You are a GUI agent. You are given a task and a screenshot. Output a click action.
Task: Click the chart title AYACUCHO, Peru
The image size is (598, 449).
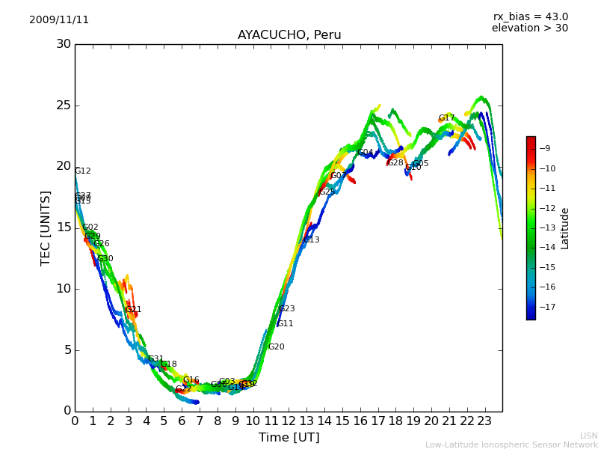pos(289,35)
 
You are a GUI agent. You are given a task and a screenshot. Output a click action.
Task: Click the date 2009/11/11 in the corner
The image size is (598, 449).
pos(59,20)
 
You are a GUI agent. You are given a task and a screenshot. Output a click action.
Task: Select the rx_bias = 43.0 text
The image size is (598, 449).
pos(531,17)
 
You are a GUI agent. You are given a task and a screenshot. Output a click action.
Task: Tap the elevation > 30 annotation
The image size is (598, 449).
pos(530,28)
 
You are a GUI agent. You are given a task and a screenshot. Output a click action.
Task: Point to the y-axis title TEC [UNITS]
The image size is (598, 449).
pos(46,227)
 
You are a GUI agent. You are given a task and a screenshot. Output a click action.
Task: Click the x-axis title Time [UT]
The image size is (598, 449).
pos(289,438)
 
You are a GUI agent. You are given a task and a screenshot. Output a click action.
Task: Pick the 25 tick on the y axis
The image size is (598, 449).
pos(64,106)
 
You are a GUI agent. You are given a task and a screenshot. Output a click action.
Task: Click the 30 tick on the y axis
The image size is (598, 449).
pos(64,44)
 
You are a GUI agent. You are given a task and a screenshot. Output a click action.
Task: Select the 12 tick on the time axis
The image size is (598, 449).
pos(289,421)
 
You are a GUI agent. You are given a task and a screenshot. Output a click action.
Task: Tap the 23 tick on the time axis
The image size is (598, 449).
pos(484,421)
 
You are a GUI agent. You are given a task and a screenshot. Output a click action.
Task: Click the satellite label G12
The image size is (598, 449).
pos(83,171)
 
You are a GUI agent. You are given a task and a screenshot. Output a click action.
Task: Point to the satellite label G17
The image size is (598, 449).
pos(446,118)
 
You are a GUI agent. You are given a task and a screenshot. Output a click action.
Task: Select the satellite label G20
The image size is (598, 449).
pos(277,347)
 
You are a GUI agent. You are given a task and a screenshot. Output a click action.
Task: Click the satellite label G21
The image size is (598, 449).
pos(134,310)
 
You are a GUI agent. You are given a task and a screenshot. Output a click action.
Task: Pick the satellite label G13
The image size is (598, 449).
pos(311,240)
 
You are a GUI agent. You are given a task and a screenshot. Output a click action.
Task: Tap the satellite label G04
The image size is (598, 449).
pos(366,153)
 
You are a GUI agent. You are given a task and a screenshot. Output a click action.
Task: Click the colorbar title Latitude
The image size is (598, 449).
pos(565,228)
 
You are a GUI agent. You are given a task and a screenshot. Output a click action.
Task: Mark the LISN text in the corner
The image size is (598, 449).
pos(588,436)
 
